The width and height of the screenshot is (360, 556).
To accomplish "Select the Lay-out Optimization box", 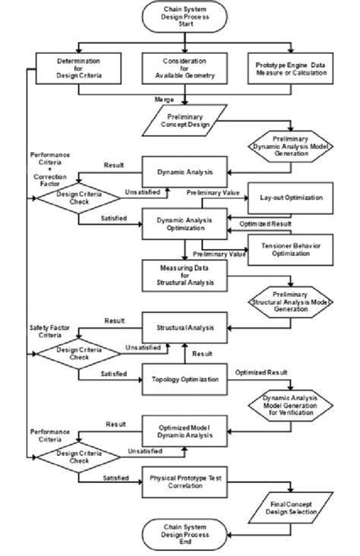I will (x=290, y=197).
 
